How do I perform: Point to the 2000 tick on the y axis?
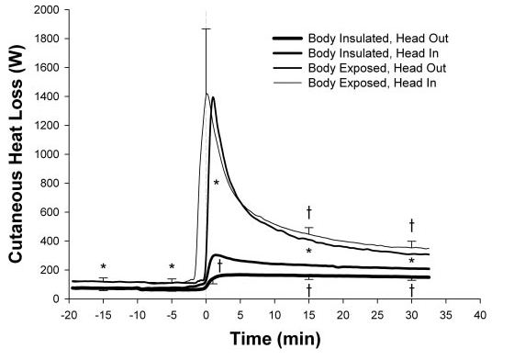coord(48,10)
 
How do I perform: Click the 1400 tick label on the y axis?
coord(48,96)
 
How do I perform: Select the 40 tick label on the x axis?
coord(478,314)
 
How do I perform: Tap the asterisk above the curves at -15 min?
coord(104,268)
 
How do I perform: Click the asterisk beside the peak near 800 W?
coord(217,184)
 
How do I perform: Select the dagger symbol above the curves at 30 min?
coord(412,224)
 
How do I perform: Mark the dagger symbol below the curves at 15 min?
coord(309,289)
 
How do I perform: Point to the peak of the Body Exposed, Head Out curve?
coord(214,97)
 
